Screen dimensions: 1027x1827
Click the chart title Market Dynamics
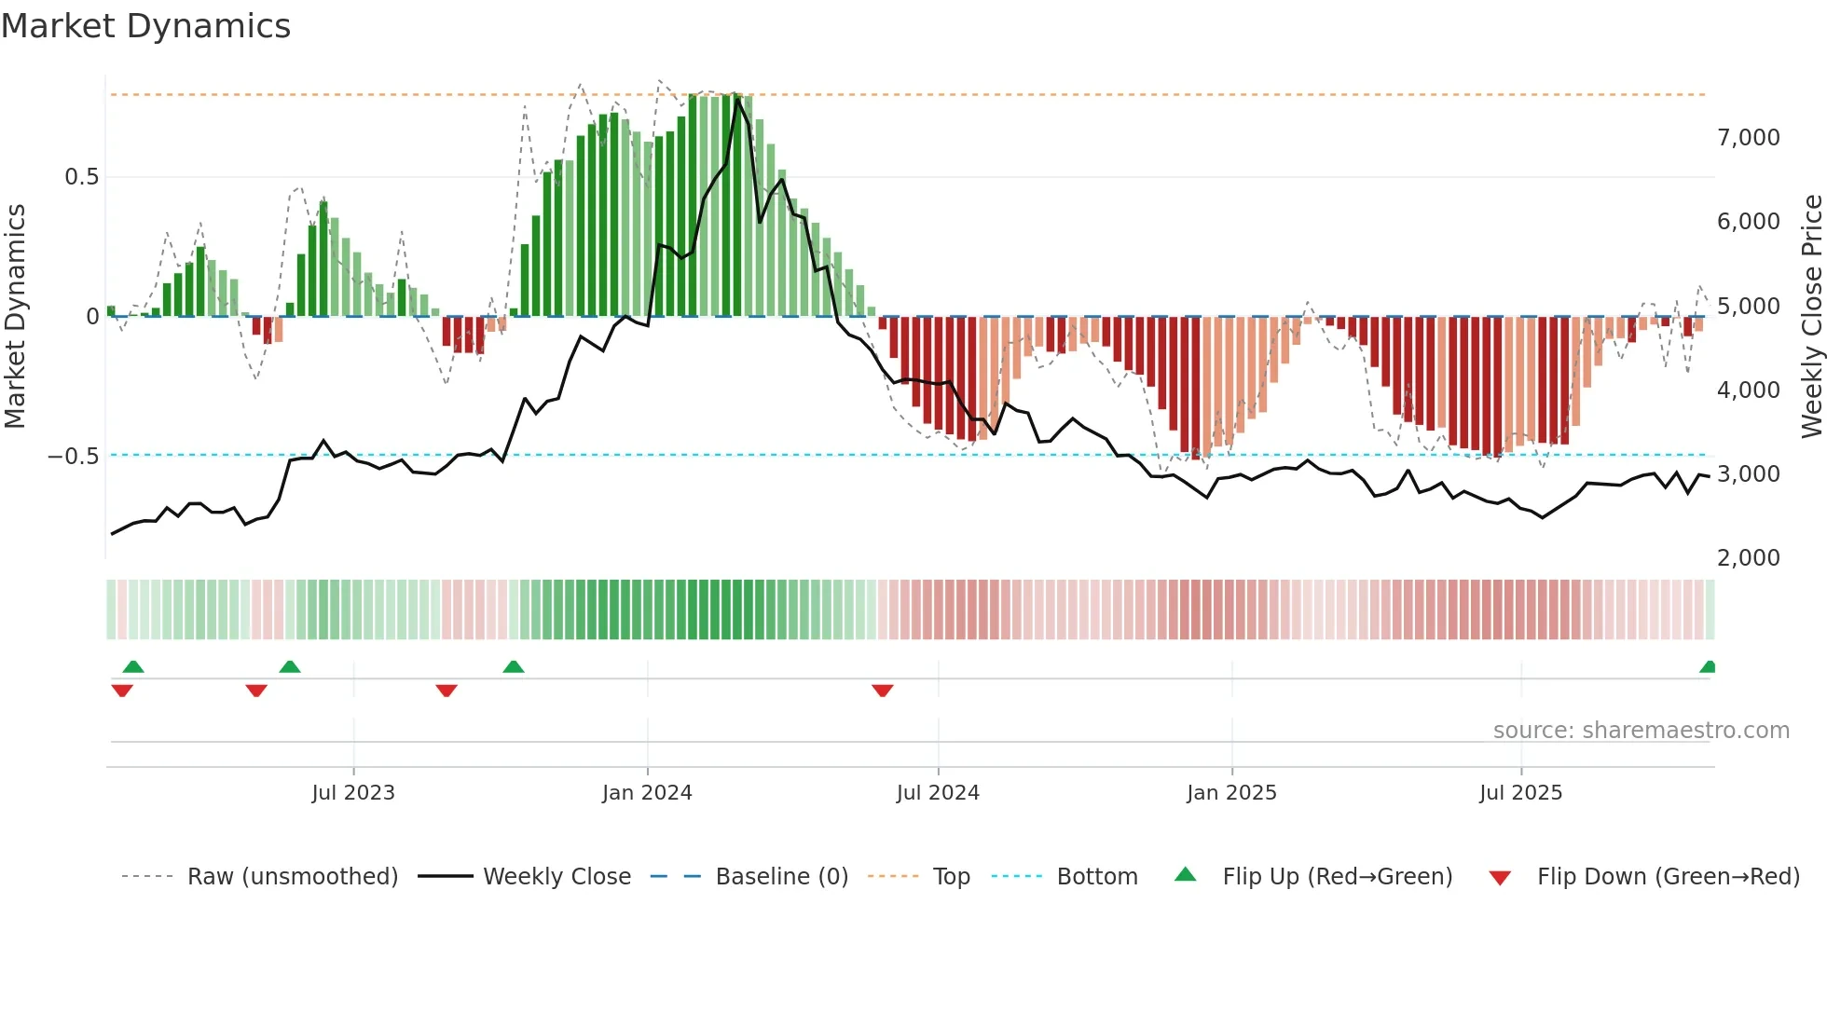(x=145, y=26)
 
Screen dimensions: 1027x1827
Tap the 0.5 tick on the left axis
(x=82, y=177)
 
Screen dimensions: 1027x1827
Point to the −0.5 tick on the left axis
(x=74, y=456)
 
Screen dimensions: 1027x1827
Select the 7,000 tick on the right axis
(x=1748, y=138)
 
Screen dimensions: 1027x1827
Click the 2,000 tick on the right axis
(x=1748, y=557)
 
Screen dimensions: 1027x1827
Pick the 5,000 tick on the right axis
(x=1748, y=306)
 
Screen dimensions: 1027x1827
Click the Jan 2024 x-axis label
(x=647, y=792)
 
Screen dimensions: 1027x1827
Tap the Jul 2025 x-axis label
(x=1520, y=792)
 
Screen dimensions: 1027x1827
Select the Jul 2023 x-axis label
(x=353, y=792)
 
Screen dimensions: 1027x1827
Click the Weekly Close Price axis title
(x=1811, y=316)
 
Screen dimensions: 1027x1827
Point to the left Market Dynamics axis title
(x=15, y=316)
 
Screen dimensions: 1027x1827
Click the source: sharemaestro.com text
(x=1641, y=730)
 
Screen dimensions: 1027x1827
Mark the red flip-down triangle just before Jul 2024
(x=883, y=691)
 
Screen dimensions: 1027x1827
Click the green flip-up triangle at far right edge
(x=1708, y=666)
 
